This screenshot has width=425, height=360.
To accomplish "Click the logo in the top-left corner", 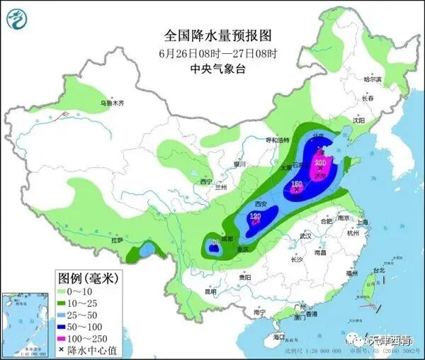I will point(18,18).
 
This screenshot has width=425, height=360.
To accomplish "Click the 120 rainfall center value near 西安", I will point(256,216).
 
